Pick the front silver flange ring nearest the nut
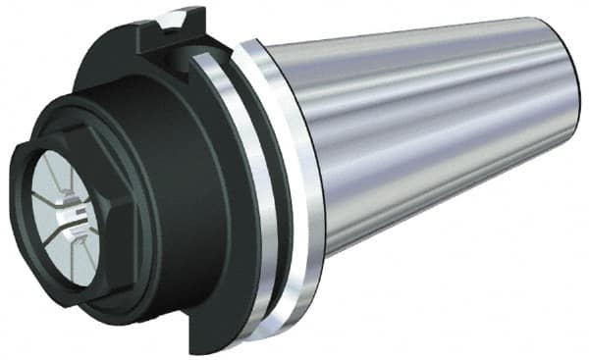click(241, 196)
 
